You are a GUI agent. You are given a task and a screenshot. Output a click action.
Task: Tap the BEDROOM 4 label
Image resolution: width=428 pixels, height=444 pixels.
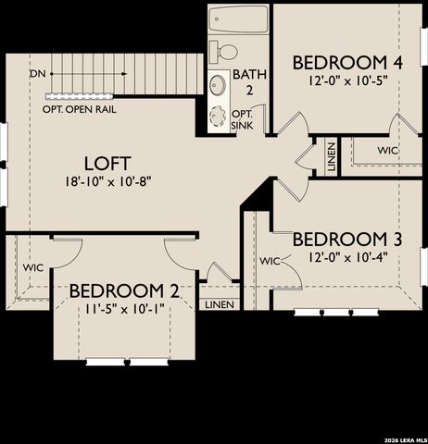(348, 63)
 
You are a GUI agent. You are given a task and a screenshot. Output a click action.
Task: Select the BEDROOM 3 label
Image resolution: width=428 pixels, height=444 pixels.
(347, 240)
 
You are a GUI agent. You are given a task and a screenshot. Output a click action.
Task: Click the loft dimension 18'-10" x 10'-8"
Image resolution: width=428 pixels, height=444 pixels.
(108, 181)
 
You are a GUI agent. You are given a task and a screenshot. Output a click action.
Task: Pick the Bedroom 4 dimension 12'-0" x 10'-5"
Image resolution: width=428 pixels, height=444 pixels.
(347, 80)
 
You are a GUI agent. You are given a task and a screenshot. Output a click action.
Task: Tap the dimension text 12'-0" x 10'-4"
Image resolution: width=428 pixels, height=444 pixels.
(347, 257)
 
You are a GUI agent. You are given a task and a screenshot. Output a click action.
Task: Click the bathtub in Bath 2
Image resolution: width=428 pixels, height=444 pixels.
(238, 18)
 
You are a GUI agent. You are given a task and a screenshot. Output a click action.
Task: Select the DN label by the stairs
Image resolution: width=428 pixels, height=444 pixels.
(38, 72)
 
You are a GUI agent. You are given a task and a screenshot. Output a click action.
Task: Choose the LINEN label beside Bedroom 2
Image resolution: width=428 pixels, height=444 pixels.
(220, 304)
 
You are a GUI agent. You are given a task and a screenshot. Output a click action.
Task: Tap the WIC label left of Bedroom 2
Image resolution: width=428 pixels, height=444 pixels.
(33, 267)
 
